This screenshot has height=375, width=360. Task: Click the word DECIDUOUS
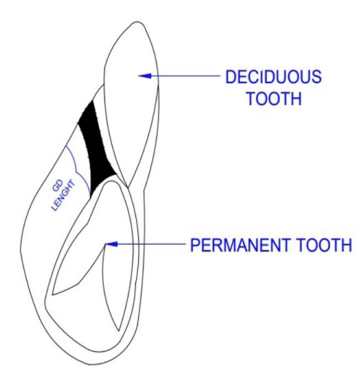tap(273, 76)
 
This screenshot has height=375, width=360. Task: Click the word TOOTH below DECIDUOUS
tap(274, 98)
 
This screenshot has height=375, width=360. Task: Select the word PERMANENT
tap(240, 245)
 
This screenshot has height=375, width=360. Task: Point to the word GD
tap(57, 186)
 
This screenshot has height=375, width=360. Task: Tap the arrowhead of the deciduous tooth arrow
tap(145, 76)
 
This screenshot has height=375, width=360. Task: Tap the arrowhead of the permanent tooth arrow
tap(112, 244)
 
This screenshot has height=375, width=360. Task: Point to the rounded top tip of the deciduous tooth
tap(137, 22)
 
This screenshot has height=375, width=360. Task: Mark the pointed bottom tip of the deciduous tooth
tap(128, 187)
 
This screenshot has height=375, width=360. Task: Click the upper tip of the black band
tap(92, 101)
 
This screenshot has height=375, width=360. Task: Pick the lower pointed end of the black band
tap(91, 197)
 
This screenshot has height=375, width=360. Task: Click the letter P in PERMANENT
tap(195, 245)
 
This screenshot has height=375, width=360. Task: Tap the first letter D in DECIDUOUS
tap(231, 76)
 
